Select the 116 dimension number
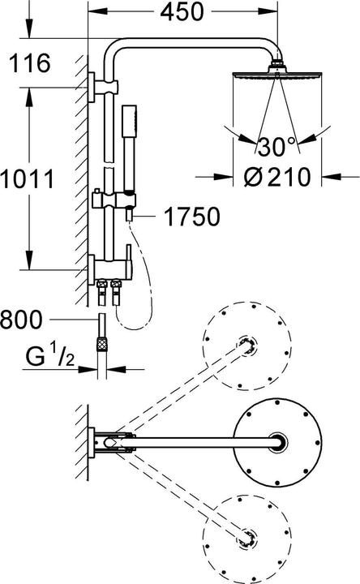coord(29,62)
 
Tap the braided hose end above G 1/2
coord(102,337)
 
